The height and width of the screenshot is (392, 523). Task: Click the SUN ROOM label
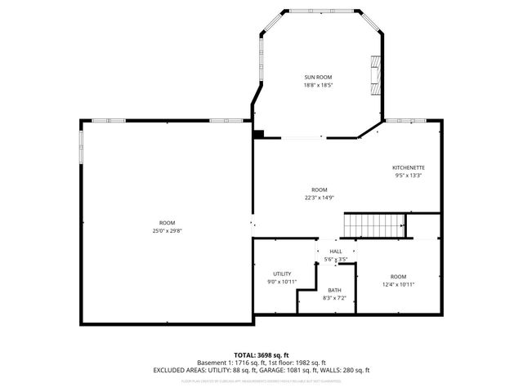tap(318, 77)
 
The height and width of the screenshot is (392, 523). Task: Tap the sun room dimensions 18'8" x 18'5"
tap(318, 85)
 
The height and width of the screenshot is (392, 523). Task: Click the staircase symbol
tap(374, 224)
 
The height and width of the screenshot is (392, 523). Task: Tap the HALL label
tap(335, 252)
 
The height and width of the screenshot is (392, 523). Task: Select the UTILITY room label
tap(282, 274)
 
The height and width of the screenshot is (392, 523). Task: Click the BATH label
tap(334, 291)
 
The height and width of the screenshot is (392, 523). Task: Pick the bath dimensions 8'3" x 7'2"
tap(334, 299)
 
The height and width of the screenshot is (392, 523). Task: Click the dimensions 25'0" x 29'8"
tap(167, 231)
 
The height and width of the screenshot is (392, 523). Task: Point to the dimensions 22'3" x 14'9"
tap(319, 197)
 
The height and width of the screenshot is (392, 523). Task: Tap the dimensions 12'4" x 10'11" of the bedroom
tap(398, 284)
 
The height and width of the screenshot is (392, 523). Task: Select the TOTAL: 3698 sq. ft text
tap(261, 355)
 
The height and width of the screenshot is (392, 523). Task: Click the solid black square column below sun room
tap(258, 135)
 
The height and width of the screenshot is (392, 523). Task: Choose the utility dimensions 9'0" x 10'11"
tap(282, 282)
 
